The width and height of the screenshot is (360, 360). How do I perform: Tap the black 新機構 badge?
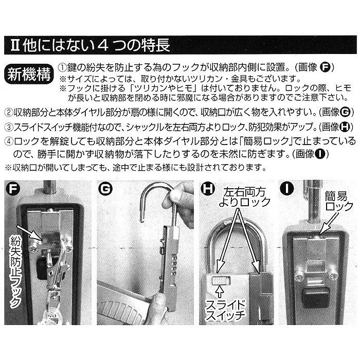[29, 74]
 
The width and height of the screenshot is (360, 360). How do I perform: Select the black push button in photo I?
[315, 297]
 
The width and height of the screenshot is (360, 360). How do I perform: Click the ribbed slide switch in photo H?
[221, 279]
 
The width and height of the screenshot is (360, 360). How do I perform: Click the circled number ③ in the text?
[8, 127]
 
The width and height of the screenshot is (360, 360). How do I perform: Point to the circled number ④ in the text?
[8, 140]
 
